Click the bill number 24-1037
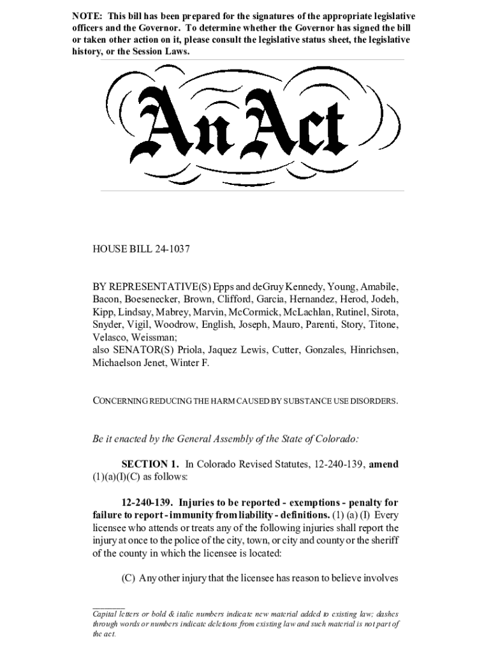point(173,249)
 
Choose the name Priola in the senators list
point(189,350)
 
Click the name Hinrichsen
point(376,350)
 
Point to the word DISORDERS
point(374,401)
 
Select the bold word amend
point(384,465)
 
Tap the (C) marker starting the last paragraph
point(129,579)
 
